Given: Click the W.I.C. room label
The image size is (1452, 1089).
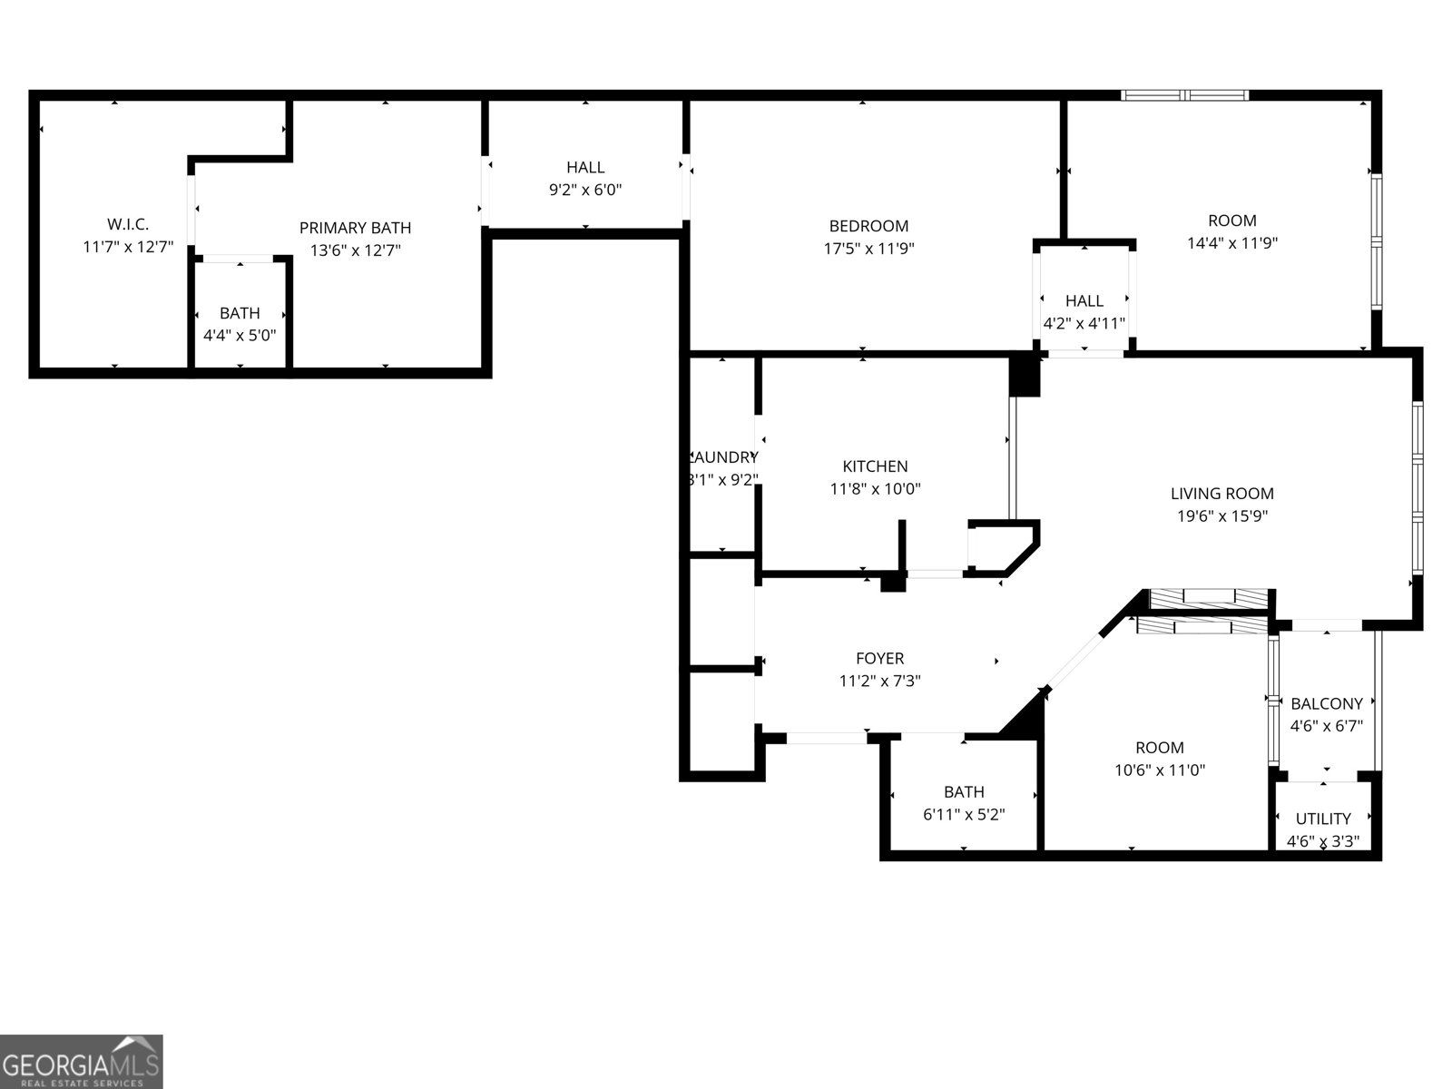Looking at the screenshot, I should pyautogui.click(x=128, y=223).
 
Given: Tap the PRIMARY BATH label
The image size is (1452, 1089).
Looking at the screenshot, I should pyautogui.click(x=355, y=228).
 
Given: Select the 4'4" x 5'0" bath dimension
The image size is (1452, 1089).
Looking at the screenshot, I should pyautogui.click(x=240, y=335).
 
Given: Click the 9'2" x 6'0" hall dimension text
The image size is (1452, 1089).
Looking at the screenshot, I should pyautogui.click(x=585, y=190).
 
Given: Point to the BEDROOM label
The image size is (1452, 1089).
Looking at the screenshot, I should pyautogui.click(x=868, y=226).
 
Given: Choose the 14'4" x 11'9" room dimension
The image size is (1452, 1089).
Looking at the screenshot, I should pyautogui.click(x=1232, y=243).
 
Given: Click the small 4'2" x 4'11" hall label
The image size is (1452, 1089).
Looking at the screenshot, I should pyautogui.click(x=1084, y=323).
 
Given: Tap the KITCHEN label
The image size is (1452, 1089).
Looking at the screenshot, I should pyautogui.click(x=875, y=466).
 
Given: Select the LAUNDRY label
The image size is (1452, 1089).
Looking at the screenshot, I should pyautogui.click(x=723, y=457).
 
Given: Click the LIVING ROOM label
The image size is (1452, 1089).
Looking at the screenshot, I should pyautogui.click(x=1221, y=494).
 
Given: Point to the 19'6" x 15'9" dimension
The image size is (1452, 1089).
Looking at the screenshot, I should pyautogui.click(x=1221, y=516).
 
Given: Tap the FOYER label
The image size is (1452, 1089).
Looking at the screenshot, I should pyautogui.click(x=879, y=658).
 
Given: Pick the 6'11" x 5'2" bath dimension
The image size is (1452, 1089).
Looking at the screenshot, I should pyautogui.click(x=964, y=815).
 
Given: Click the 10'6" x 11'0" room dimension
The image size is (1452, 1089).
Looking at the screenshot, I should pyautogui.click(x=1160, y=770).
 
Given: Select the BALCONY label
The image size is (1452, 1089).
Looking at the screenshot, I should pyautogui.click(x=1326, y=703).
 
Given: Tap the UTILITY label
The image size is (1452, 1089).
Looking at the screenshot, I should pyautogui.click(x=1323, y=819).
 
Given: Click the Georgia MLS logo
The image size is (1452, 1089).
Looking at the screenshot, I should pyautogui.click(x=82, y=1061).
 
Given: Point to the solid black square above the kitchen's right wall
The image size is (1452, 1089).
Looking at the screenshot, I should pyautogui.click(x=1025, y=376).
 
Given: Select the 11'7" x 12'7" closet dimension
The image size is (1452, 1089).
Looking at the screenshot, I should pyautogui.click(x=128, y=246).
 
